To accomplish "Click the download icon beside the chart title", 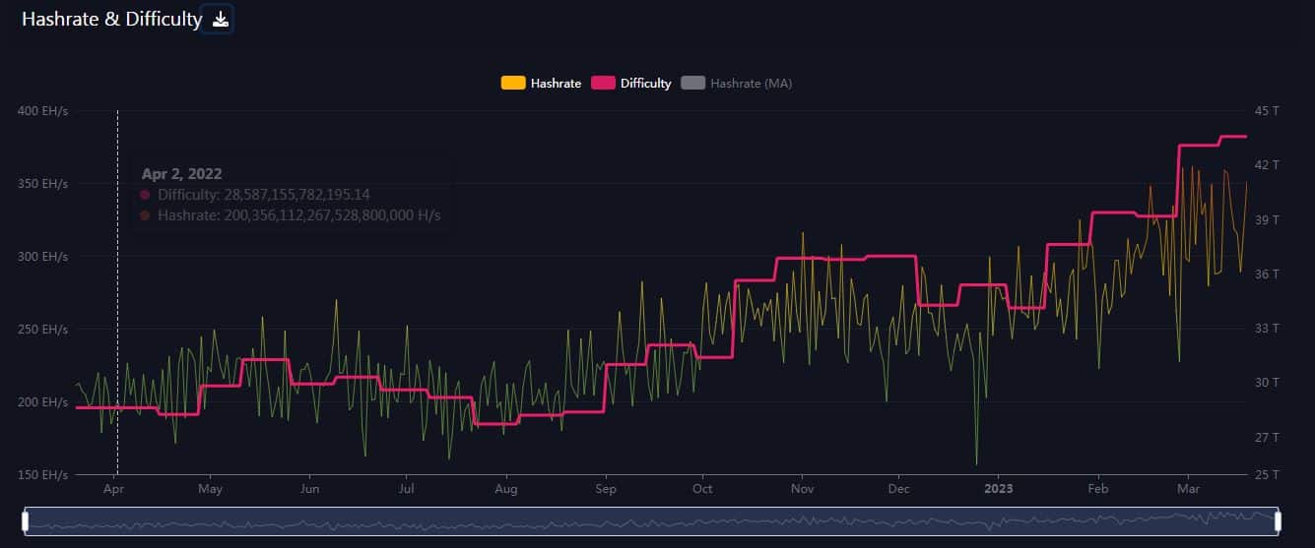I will pos(221,19).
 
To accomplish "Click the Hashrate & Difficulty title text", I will pos(111,19).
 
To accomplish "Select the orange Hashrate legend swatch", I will pos(512,84).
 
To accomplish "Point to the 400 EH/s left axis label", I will pos(42,110).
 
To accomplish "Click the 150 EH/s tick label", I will pos(42,474).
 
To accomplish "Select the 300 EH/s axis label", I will pos(42,256).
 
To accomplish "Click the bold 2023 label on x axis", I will pos(998,488).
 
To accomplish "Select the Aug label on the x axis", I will pos(505,488).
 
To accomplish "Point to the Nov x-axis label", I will pos(803,488).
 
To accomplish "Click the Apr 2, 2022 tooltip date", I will pos(181,174).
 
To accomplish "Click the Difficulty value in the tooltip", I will pos(263,195).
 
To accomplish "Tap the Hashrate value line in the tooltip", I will pos(298,215).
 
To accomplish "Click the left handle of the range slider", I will pos(26,520).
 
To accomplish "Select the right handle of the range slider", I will pos(1278,520).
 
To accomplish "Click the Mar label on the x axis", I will pos(1189,488).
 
